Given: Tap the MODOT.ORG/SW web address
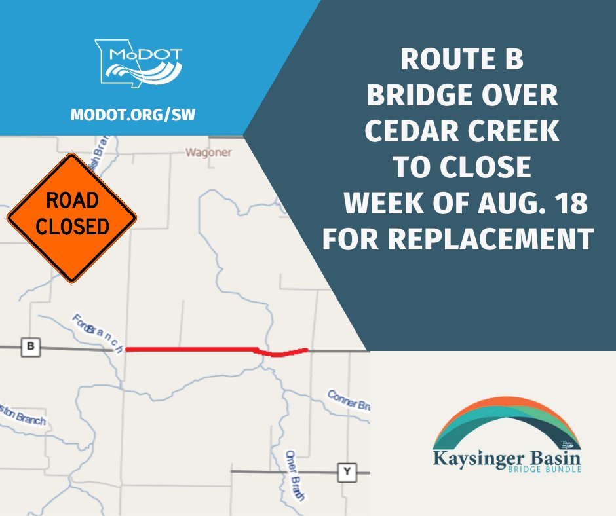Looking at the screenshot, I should coord(132,115).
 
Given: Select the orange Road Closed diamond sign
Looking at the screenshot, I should coord(71,217).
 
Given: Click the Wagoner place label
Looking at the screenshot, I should coord(209,153).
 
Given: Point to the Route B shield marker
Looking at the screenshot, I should coord(29,347).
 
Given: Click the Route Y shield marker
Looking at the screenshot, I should coord(345,471).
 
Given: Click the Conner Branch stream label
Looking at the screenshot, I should coord(349,399).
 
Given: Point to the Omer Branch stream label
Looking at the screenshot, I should coord(295,475).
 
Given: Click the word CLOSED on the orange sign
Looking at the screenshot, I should coord(72,227).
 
